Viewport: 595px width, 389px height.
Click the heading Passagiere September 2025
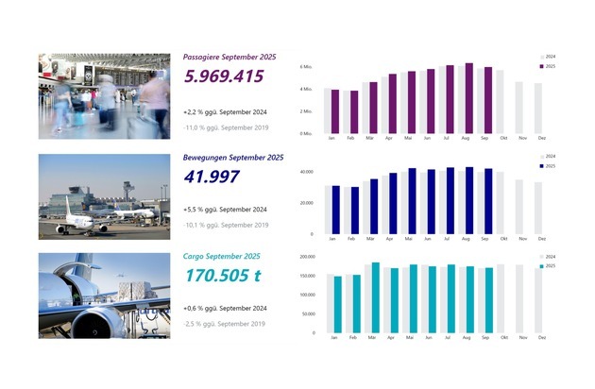tap(229, 58)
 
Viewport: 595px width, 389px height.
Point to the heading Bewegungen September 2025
tap(233, 157)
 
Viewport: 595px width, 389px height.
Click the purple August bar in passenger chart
tap(469, 98)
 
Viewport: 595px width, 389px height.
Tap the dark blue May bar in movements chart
tap(412, 200)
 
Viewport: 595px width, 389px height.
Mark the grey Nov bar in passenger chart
tap(518, 108)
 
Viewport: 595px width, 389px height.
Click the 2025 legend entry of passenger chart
tap(546, 67)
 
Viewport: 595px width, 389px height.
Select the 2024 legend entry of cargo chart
tap(546, 257)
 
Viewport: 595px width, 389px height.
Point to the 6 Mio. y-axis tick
tap(305, 68)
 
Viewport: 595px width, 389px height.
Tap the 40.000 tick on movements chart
tap(305, 172)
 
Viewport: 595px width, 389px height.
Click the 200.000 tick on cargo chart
tap(304, 256)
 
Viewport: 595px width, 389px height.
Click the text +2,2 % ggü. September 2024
tap(226, 111)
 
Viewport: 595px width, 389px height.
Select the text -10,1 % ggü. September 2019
tap(226, 225)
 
